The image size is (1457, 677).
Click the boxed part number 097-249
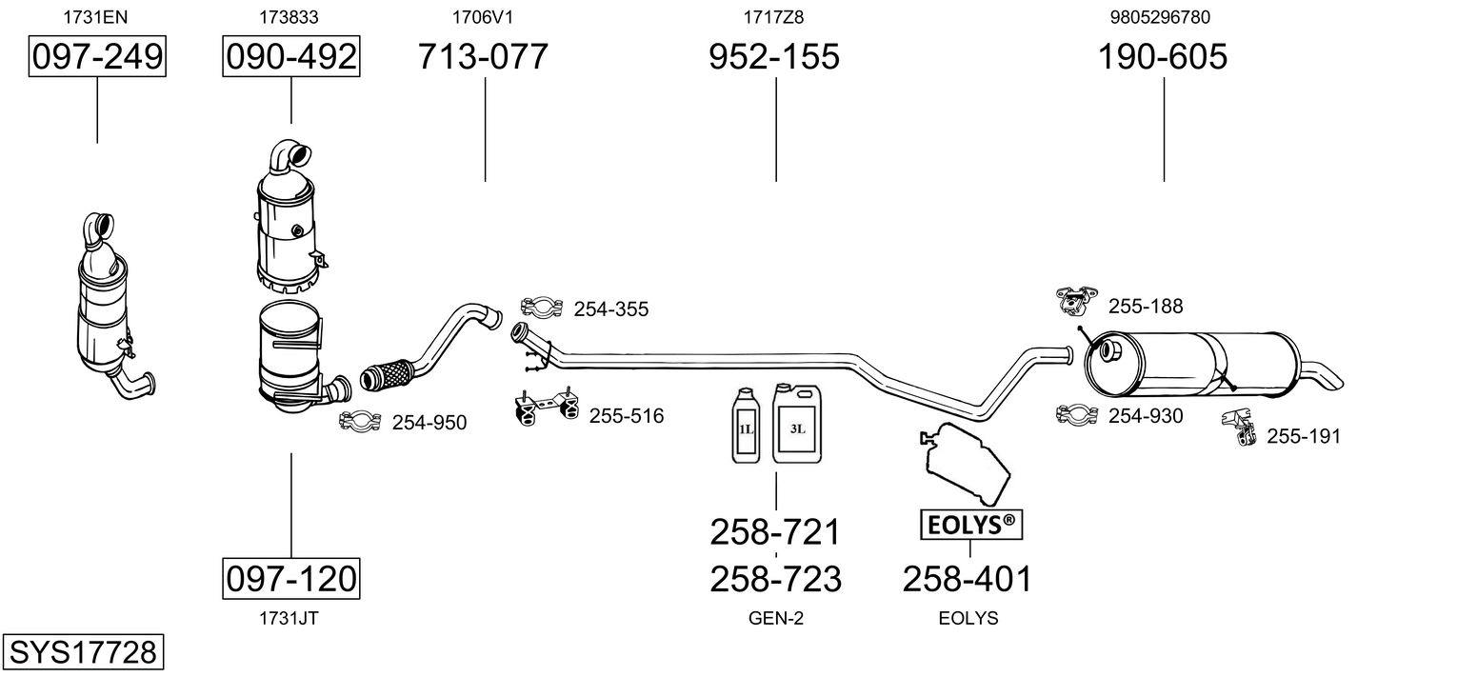click(97, 56)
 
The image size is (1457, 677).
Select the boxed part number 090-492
click(290, 56)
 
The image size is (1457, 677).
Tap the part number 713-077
click(483, 56)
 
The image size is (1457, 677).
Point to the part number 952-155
click(774, 56)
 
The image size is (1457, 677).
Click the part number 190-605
click(1163, 56)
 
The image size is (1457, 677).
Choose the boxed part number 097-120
click(290, 578)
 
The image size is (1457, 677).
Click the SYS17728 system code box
click(83, 651)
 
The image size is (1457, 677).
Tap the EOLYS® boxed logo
click(971, 524)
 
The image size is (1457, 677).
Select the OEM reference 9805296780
click(1161, 17)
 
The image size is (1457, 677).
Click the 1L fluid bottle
click(746, 426)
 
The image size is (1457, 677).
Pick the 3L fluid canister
click(797, 423)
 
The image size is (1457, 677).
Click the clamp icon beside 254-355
click(541, 307)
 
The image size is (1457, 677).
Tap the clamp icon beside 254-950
click(359, 421)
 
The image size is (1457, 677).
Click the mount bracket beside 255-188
click(1076, 301)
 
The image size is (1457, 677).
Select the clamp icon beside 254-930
click(1077, 414)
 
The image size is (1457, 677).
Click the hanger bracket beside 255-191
click(1239, 427)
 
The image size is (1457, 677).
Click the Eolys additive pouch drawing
click(966, 463)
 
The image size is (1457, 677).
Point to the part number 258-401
click(968, 579)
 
